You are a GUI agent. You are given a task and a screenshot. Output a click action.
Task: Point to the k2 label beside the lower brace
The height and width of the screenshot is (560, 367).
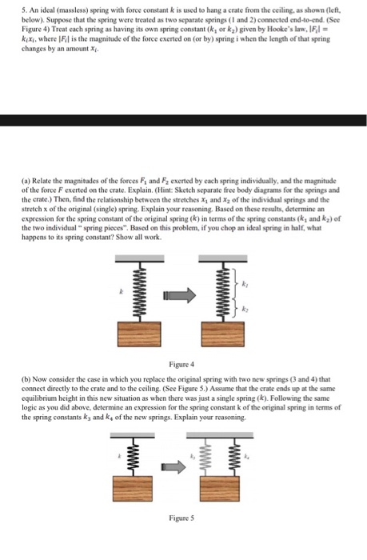tap(245, 307)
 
